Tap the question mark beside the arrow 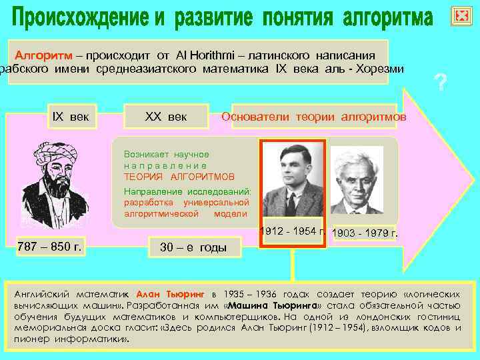pos(439,83)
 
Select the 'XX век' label pos(166,117)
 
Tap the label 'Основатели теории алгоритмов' pos(313,117)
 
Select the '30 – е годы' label pos(193,248)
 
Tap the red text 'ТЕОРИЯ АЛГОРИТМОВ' pos(179,177)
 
